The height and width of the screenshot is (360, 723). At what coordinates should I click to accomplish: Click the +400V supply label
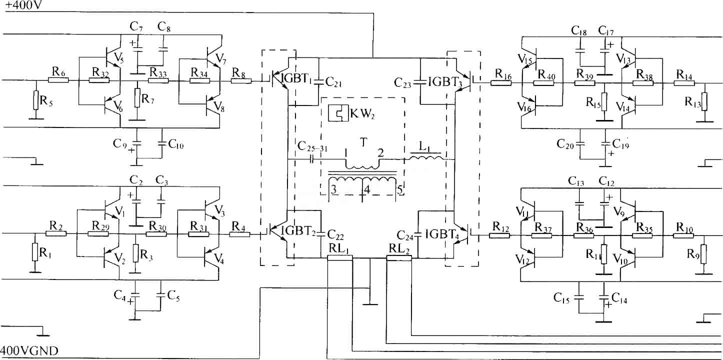coord(23,5)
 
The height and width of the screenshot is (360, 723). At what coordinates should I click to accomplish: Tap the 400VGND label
coord(29,350)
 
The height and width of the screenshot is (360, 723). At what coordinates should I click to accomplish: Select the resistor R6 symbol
coord(58,79)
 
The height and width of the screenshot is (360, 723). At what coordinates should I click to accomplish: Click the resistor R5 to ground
coord(36,100)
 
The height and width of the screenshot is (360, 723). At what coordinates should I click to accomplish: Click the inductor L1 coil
coord(425,157)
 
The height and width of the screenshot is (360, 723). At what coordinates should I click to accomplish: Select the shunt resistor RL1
coord(339,258)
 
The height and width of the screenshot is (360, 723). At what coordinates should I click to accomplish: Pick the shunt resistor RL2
coord(399,258)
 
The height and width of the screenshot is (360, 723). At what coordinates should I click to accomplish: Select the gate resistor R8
coord(241,80)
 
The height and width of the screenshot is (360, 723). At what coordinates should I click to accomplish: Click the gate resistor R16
coord(501,83)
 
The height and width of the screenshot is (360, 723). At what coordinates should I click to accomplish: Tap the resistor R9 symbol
coord(703,254)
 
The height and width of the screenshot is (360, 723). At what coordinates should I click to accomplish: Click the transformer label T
coord(363,142)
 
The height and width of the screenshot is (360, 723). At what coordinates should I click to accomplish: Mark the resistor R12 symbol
coord(499,235)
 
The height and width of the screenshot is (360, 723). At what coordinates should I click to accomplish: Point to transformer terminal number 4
coord(367,190)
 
